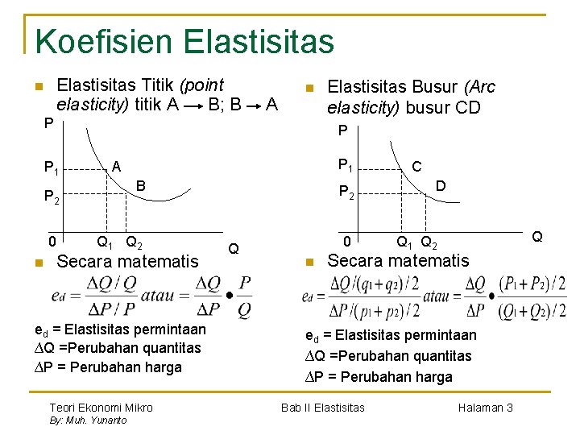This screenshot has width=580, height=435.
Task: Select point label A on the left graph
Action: point(116,166)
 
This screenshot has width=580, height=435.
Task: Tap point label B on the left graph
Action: point(140,185)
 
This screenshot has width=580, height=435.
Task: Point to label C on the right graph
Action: point(416,166)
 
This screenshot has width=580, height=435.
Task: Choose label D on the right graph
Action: point(441,185)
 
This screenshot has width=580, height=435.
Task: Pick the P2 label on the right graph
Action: point(346,192)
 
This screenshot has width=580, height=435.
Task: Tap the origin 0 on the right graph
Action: point(346,241)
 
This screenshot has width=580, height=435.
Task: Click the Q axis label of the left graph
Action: point(234,248)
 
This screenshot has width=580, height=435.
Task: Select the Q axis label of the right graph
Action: point(537,237)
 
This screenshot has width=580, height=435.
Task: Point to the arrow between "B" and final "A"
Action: point(254,105)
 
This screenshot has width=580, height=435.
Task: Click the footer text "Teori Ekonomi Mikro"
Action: point(101,408)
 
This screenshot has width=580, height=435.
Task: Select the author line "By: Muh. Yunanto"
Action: point(88,420)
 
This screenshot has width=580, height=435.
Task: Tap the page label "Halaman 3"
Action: point(485,408)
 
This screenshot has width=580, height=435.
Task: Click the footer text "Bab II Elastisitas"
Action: point(322,408)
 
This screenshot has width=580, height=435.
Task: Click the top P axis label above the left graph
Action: point(49,123)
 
